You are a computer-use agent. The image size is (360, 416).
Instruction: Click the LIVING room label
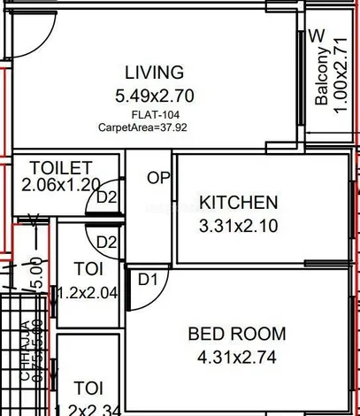[154, 72]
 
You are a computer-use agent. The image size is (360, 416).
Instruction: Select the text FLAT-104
[152, 114]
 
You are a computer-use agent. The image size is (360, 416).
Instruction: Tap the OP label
[158, 179]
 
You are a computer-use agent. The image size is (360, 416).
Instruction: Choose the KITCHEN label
[239, 202]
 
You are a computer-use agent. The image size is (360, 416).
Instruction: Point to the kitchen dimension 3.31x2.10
[239, 226]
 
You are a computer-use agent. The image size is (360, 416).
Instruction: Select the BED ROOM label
[237, 334]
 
